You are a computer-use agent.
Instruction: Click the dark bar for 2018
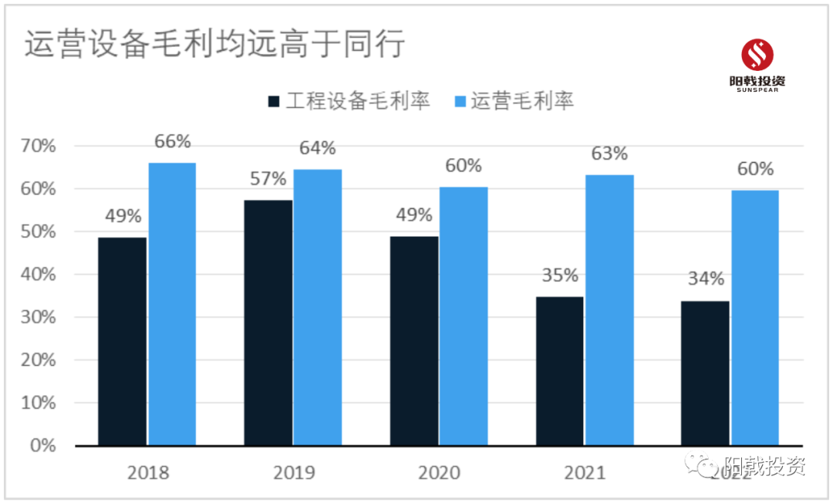[x=122, y=341]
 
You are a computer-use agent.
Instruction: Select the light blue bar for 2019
[x=317, y=307]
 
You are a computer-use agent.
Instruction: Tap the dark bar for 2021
[x=560, y=370]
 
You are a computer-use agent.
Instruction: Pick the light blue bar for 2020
[x=464, y=316]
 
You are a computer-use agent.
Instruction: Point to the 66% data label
[x=172, y=142]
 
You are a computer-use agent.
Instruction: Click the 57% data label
[x=268, y=179]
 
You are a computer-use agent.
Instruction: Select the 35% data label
[x=560, y=275]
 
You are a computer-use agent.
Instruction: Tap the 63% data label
[x=609, y=154]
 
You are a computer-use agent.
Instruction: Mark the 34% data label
[x=706, y=279]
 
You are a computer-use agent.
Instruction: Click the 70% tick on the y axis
[x=38, y=146]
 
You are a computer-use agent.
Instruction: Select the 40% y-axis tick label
[x=38, y=275]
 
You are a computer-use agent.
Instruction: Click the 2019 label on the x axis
[x=293, y=472]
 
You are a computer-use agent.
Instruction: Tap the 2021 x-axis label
[x=585, y=472]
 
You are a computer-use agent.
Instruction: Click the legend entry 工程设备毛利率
[x=349, y=101]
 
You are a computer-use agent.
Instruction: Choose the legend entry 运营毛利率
[x=514, y=101]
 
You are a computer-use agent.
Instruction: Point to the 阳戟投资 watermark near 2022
[x=752, y=466]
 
